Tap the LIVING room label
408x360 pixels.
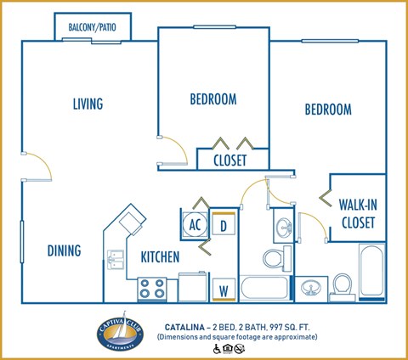[88, 104]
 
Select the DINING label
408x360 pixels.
[65, 250]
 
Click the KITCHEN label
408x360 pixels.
[160, 256]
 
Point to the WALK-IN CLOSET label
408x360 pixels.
[358, 213]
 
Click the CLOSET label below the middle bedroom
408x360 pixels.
[229, 159]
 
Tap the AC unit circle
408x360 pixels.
[195, 226]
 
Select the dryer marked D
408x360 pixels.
[224, 226]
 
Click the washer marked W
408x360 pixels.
[224, 289]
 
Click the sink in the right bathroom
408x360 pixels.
[312, 287]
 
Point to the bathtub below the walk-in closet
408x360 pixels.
[371, 272]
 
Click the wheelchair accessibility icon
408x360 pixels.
[215, 348]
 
